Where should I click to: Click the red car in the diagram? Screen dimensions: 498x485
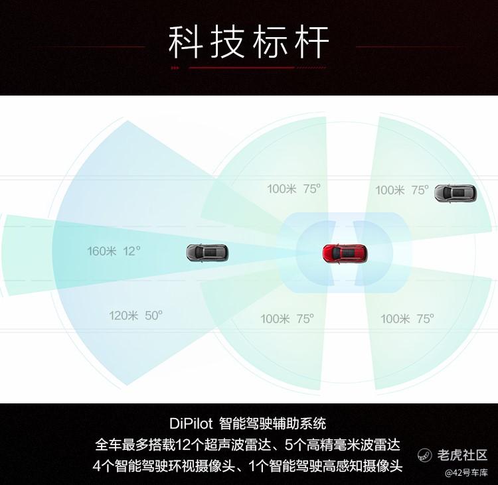point(345,253)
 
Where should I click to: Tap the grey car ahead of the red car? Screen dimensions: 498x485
point(207,253)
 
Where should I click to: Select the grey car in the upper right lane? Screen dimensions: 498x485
point(456,193)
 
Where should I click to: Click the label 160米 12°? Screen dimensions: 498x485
point(114,251)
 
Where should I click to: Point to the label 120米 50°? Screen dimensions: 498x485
point(135,316)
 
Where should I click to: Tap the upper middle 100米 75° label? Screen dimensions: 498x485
point(293,189)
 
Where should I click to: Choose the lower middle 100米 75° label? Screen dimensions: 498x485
point(287,318)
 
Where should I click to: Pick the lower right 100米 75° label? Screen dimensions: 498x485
point(407,318)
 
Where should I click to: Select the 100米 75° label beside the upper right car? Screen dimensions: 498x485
point(402,190)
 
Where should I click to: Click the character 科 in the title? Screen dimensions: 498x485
point(186,42)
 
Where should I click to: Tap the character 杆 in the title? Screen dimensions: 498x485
point(311,42)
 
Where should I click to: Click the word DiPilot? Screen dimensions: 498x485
point(191,424)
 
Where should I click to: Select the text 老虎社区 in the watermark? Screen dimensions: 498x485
point(462,455)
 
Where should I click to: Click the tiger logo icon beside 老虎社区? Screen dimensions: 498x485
point(425,455)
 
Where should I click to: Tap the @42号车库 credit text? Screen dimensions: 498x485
point(466,473)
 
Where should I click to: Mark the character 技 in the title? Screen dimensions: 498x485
point(228,42)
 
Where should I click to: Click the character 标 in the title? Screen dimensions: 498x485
point(270,42)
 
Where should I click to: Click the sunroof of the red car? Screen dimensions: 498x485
point(349,253)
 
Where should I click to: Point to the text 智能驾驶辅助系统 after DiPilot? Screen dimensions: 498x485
point(272,424)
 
